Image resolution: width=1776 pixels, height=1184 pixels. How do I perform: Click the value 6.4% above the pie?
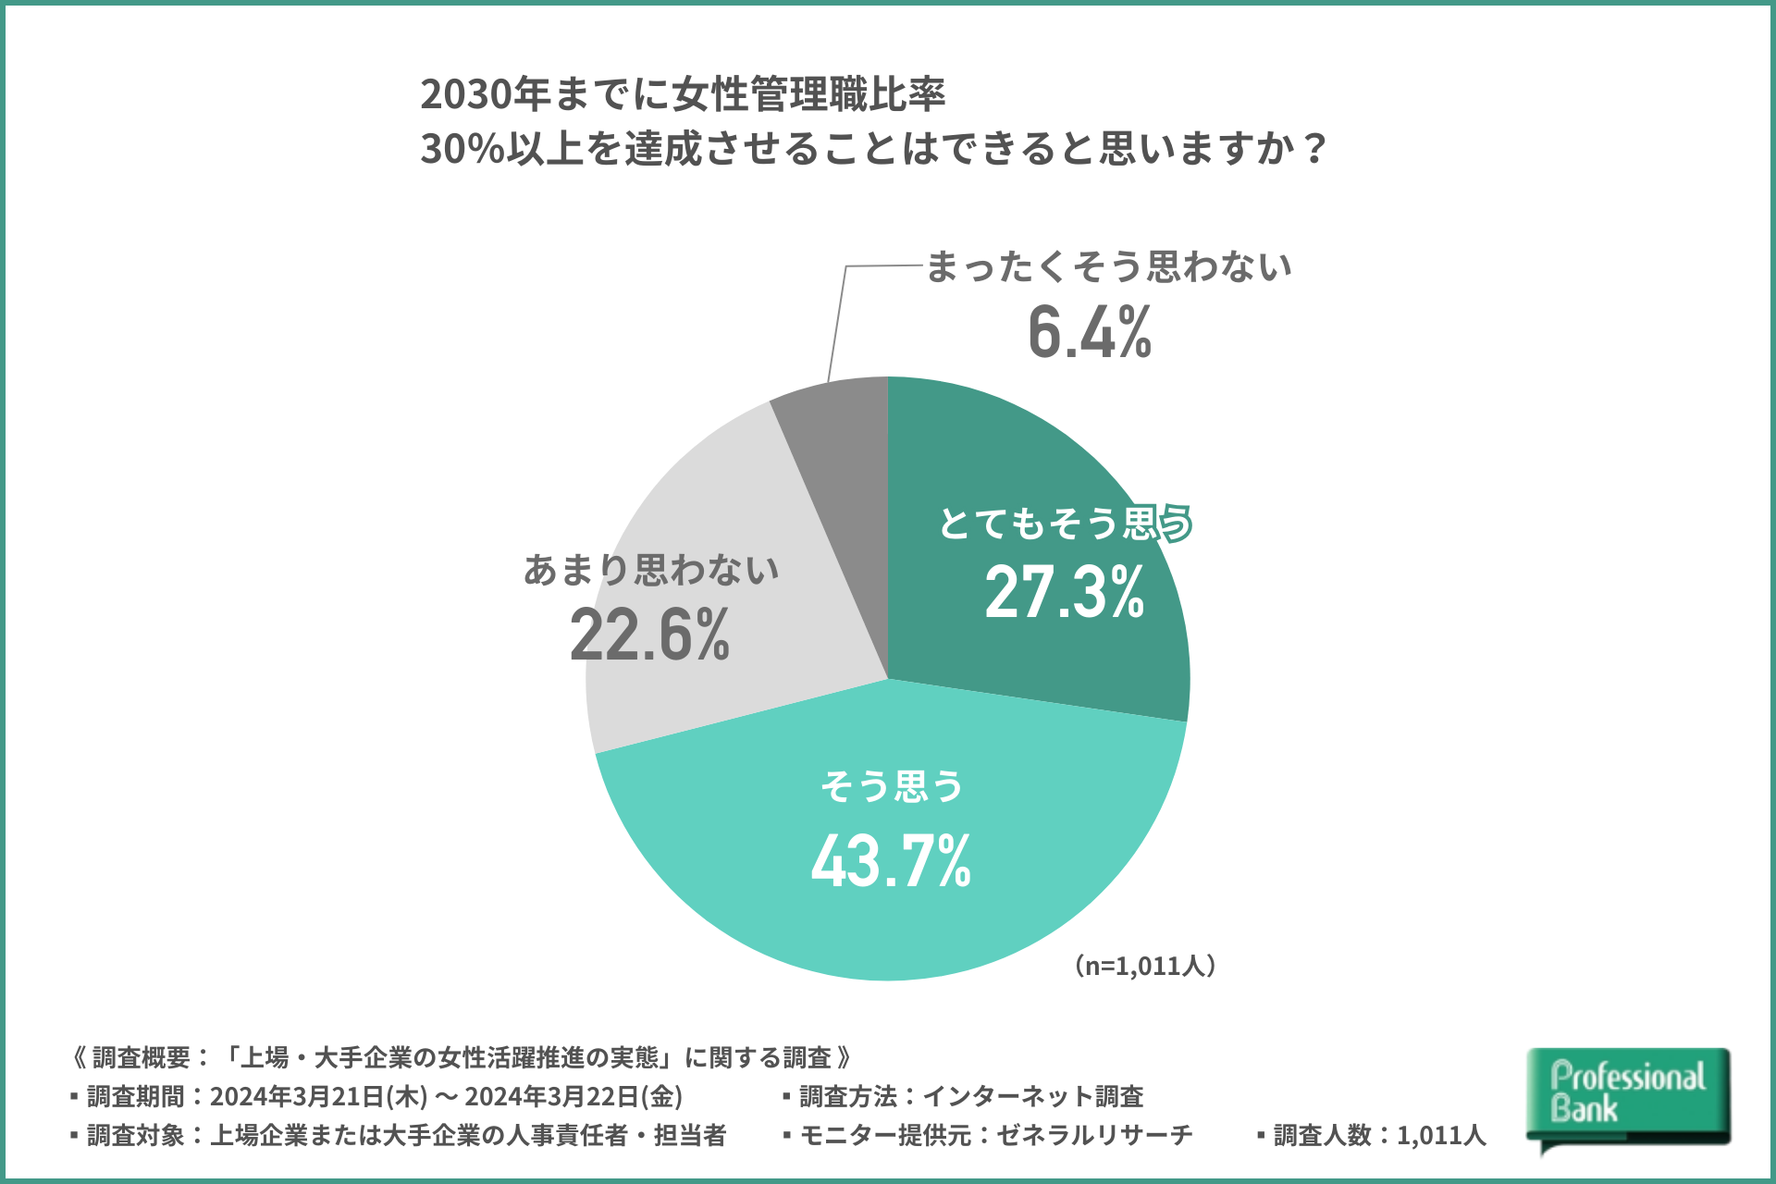[1090, 332]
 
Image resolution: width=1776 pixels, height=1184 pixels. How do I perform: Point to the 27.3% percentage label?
[1065, 592]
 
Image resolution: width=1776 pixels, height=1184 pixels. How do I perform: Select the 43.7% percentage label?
[891, 861]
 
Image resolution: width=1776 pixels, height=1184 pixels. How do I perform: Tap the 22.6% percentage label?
[649, 635]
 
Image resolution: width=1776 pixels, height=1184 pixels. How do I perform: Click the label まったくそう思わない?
[1108, 266]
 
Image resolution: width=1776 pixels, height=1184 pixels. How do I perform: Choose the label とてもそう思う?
[1065, 524]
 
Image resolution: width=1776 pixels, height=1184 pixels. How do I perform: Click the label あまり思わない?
[651, 570]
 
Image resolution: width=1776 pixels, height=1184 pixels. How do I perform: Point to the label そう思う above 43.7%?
[893, 786]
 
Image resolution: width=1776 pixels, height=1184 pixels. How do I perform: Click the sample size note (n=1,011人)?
[1145, 966]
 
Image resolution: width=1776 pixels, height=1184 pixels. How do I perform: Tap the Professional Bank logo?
[1628, 1096]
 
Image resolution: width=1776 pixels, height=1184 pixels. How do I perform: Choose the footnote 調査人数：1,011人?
[1373, 1136]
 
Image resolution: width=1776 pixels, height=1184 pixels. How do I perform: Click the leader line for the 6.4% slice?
[837, 324]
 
